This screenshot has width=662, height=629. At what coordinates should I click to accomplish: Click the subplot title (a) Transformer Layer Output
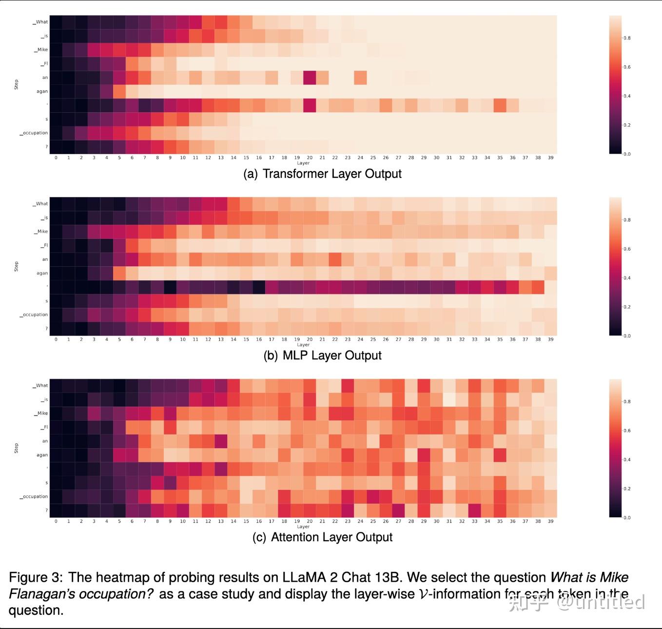[322, 174]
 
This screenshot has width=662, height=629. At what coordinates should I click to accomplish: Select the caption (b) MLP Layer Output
[322, 355]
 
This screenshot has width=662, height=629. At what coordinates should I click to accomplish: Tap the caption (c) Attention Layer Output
[322, 537]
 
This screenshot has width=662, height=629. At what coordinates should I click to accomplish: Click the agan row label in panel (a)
[42, 92]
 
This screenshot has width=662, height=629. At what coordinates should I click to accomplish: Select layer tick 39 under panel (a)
[550, 158]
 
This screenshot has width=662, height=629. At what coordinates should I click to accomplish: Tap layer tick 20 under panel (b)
[310, 339]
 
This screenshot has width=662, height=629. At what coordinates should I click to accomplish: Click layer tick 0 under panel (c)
[56, 521]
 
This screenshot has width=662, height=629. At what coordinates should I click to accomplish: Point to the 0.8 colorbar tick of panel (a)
[627, 38]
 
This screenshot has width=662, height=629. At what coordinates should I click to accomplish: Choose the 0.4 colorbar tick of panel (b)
[627, 278]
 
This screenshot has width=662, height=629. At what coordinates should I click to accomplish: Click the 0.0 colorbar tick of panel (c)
[627, 518]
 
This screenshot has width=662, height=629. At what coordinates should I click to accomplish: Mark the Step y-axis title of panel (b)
[16, 266]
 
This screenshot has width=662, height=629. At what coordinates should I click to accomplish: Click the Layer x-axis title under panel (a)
[303, 163]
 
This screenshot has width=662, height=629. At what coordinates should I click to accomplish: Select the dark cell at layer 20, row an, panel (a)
[310, 78]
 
